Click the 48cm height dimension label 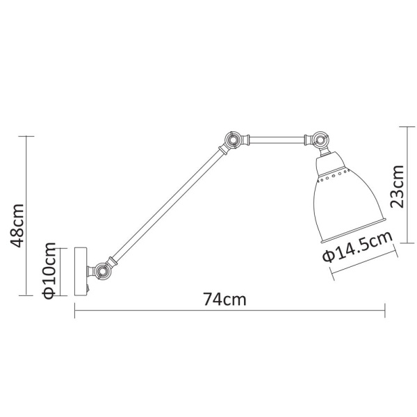point(19,224)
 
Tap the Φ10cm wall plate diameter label point(49,271)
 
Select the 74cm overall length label point(224,300)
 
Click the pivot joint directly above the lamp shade point(320,141)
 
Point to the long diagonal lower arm point(167,204)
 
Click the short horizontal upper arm point(276,141)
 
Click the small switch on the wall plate point(88,286)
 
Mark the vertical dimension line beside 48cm point(28,215)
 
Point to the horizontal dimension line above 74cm point(229,311)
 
